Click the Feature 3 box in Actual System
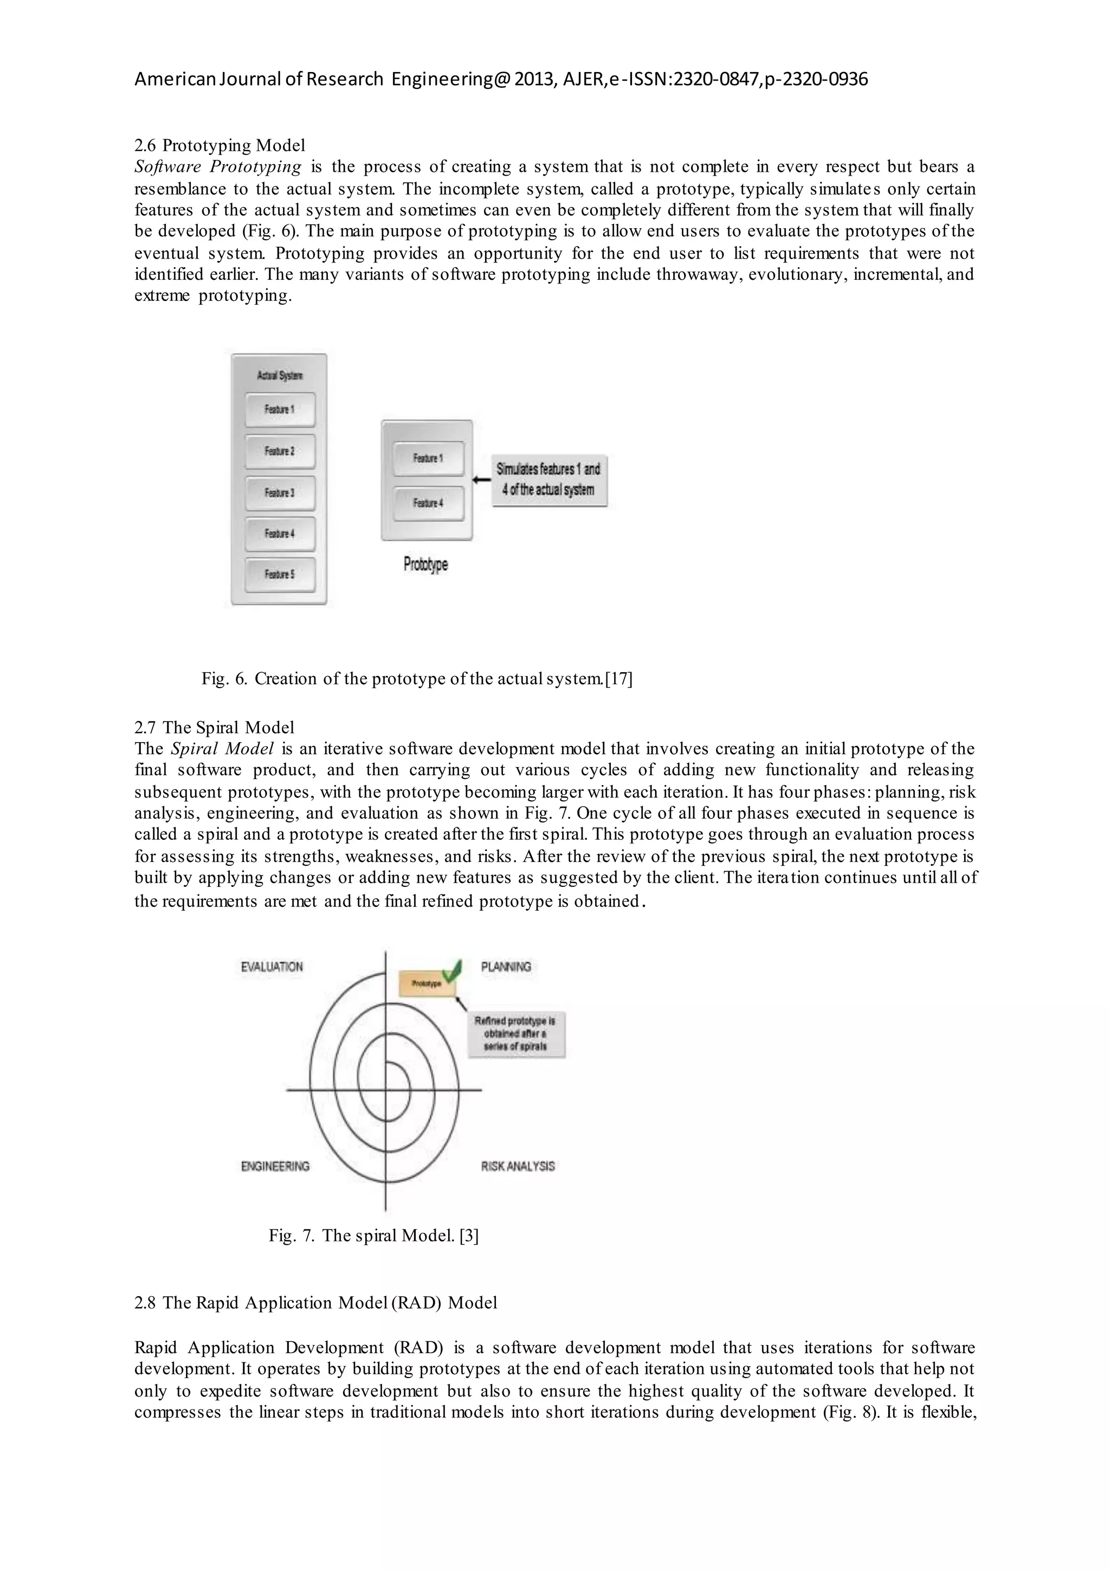coord(280,493)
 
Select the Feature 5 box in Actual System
coord(280,575)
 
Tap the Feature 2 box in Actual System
coord(280,451)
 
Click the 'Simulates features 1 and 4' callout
coord(549,480)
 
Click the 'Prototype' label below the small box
coord(426,565)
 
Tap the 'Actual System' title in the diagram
coord(280,375)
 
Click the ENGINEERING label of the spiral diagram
coord(275,1167)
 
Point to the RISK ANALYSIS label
coord(518,1167)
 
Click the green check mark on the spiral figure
coord(451,971)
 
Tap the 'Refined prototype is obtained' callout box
coord(515,1034)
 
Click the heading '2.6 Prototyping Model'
coord(220,146)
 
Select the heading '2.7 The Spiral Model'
coord(214,728)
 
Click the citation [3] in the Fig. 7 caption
coord(469,1236)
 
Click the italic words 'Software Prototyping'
coord(218,167)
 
